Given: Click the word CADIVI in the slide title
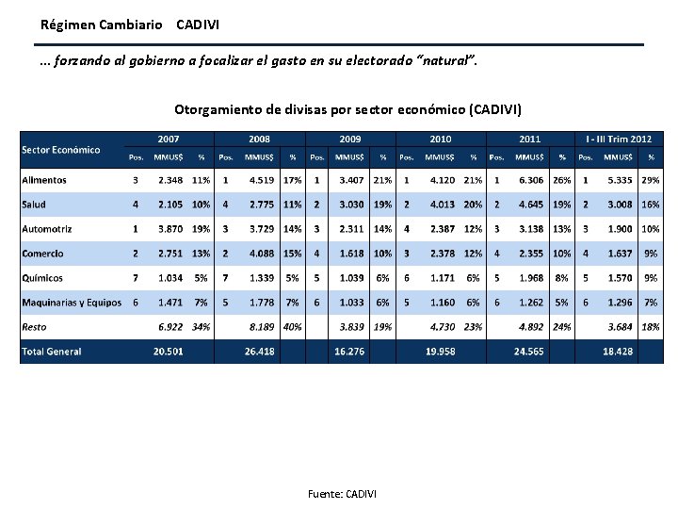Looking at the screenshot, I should (x=198, y=23).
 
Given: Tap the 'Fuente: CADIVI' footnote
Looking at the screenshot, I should (x=342, y=494).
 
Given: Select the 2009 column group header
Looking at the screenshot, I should (x=350, y=139).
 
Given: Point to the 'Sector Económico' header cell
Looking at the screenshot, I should (x=61, y=150).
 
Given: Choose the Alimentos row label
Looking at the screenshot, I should (x=44, y=180).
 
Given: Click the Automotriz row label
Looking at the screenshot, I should (x=47, y=229).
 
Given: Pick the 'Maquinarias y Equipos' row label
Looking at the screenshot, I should (x=72, y=303).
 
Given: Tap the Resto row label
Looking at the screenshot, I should (x=34, y=327).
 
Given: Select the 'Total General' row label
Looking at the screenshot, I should (x=51, y=352).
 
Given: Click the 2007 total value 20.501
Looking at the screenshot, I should (x=169, y=352).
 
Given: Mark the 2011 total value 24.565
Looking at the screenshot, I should (x=529, y=352).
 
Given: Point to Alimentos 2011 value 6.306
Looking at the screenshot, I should (x=530, y=180).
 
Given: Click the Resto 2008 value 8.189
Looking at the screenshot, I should (x=261, y=327).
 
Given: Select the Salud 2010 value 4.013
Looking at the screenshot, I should (x=442, y=205).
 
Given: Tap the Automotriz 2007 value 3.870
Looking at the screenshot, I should (x=170, y=229).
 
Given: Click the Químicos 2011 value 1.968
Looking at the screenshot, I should (x=530, y=278).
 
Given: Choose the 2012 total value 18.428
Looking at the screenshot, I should (x=618, y=352).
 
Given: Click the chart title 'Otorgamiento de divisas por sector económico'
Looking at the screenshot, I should (x=347, y=110).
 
